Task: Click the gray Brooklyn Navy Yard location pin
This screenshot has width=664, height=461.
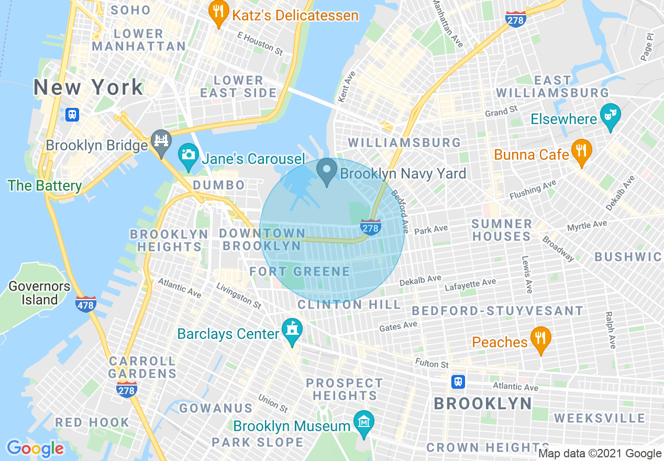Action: click(x=327, y=171)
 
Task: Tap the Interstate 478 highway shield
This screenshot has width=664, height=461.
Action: click(x=85, y=304)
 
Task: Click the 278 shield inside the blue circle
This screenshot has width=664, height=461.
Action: click(x=370, y=227)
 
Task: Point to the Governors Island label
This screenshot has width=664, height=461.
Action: click(x=39, y=293)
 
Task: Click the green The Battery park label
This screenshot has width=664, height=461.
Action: click(x=45, y=186)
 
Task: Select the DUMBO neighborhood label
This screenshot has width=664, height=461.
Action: click(x=219, y=185)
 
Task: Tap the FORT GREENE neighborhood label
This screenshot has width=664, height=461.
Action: click(x=300, y=271)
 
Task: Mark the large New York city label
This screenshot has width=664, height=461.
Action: click(x=88, y=87)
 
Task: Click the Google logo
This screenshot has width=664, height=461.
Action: click(x=35, y=448)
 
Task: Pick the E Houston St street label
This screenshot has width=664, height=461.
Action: click(x=260, y=43)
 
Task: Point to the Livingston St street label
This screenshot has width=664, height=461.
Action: click(x=238, y=296)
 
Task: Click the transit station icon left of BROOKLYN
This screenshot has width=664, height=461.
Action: click(x=458, y=382)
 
